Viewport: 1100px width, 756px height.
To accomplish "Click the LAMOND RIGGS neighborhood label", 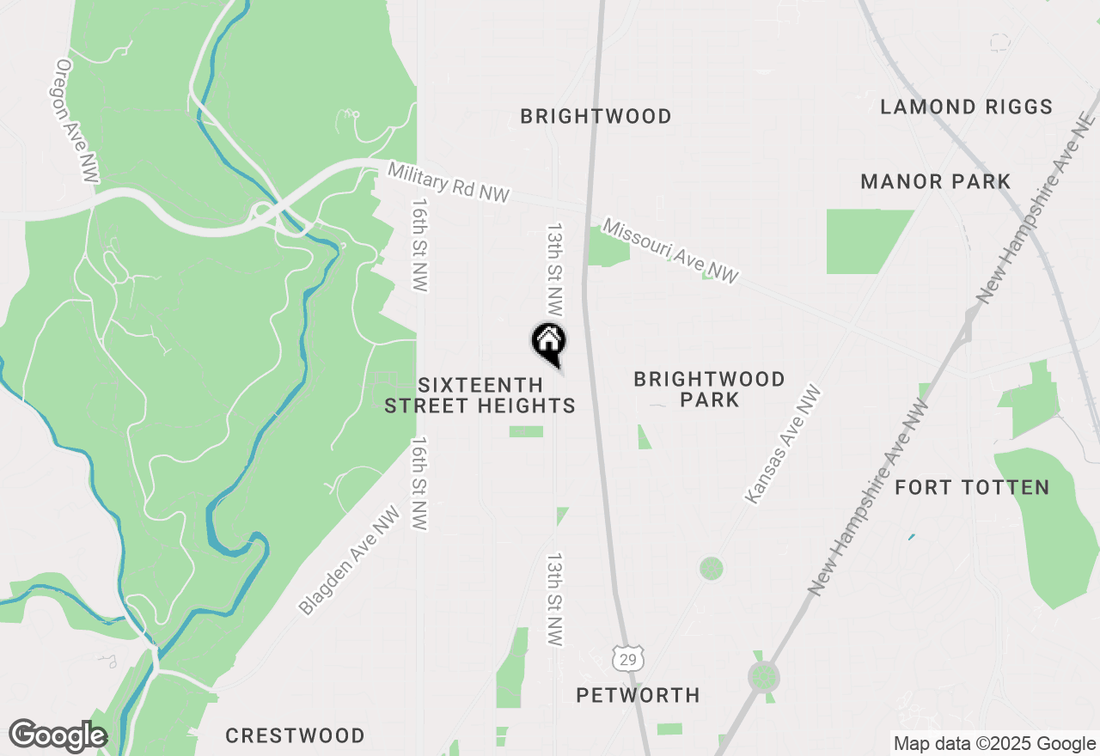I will tap(966, 107).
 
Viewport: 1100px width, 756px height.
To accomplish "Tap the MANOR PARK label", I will tap(935, 181).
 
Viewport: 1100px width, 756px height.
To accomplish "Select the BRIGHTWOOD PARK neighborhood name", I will tap(709, 389).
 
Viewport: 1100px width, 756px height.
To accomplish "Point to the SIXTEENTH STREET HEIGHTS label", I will tap(480, 395).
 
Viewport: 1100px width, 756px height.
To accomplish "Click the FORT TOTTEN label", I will tap(972, 487).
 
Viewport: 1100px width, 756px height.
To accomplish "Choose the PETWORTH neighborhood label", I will tap(638, 694).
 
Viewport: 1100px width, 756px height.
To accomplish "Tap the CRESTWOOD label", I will tap(295, 735).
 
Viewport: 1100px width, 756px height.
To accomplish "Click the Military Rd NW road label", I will tap(448, 183).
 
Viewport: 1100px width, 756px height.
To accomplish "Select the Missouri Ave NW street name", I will tap(670, 251).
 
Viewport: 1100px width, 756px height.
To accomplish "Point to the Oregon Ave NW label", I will tap(76, 120).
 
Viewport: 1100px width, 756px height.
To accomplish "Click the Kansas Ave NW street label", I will tap(783, 444).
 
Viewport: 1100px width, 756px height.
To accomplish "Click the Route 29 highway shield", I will tap(628, 658).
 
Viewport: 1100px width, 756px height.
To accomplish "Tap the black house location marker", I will tap(548, 340).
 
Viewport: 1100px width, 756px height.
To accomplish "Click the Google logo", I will tap(57, 736).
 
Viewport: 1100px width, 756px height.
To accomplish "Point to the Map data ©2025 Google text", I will tap(993, 744).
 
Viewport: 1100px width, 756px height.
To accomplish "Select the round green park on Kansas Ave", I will tap(711, 568).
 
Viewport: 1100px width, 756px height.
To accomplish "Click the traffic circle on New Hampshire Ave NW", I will tap(763, 677).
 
